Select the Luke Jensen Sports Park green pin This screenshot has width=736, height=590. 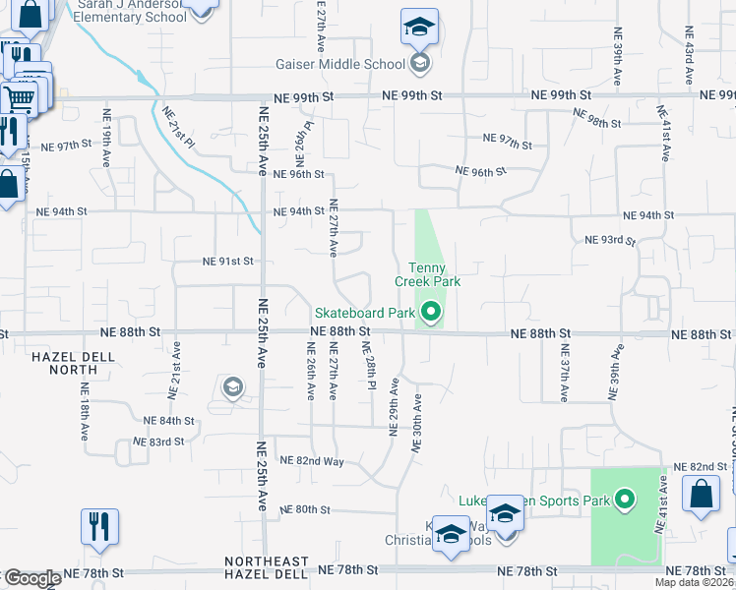[624, 501]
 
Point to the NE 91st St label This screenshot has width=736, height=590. [228, 262]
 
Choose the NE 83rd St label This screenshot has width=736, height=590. [164, 442]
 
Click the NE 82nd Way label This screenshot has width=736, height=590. [312, 460]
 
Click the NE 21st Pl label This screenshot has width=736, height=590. [179, 126]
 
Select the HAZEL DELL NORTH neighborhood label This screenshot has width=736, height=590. [64, 363]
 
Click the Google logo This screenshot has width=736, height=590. [31, 578]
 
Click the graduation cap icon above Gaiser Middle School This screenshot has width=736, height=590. [419, 27]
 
